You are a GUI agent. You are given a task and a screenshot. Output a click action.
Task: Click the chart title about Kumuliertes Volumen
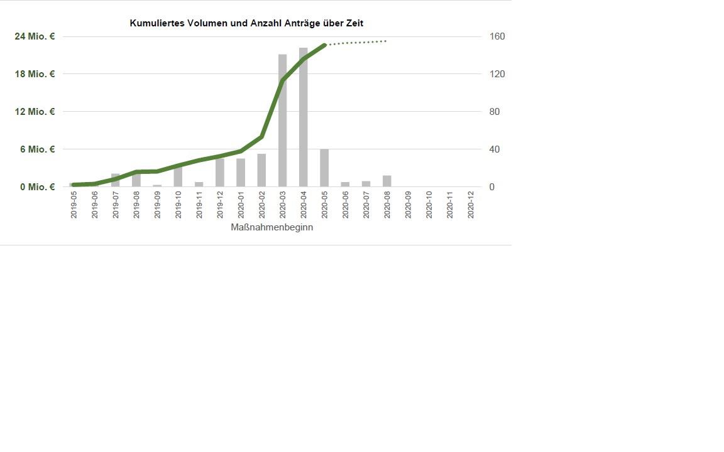246,23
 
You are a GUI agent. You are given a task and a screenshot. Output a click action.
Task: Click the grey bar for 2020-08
387,181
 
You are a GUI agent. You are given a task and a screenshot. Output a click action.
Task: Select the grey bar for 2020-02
261,170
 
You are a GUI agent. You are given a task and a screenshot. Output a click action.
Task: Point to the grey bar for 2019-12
220,173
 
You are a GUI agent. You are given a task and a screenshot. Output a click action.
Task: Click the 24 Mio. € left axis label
35,36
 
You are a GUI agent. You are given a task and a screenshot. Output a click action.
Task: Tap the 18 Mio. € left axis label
35,74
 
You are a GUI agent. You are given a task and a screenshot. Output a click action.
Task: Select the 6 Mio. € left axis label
37,149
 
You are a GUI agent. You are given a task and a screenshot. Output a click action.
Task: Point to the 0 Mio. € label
37,187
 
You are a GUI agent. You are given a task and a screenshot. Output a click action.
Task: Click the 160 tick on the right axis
498,36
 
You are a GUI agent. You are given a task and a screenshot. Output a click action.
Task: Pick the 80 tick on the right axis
498,112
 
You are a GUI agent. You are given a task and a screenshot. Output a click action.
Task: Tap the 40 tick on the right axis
498,149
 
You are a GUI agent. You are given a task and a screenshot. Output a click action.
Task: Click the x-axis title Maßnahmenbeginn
272,227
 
